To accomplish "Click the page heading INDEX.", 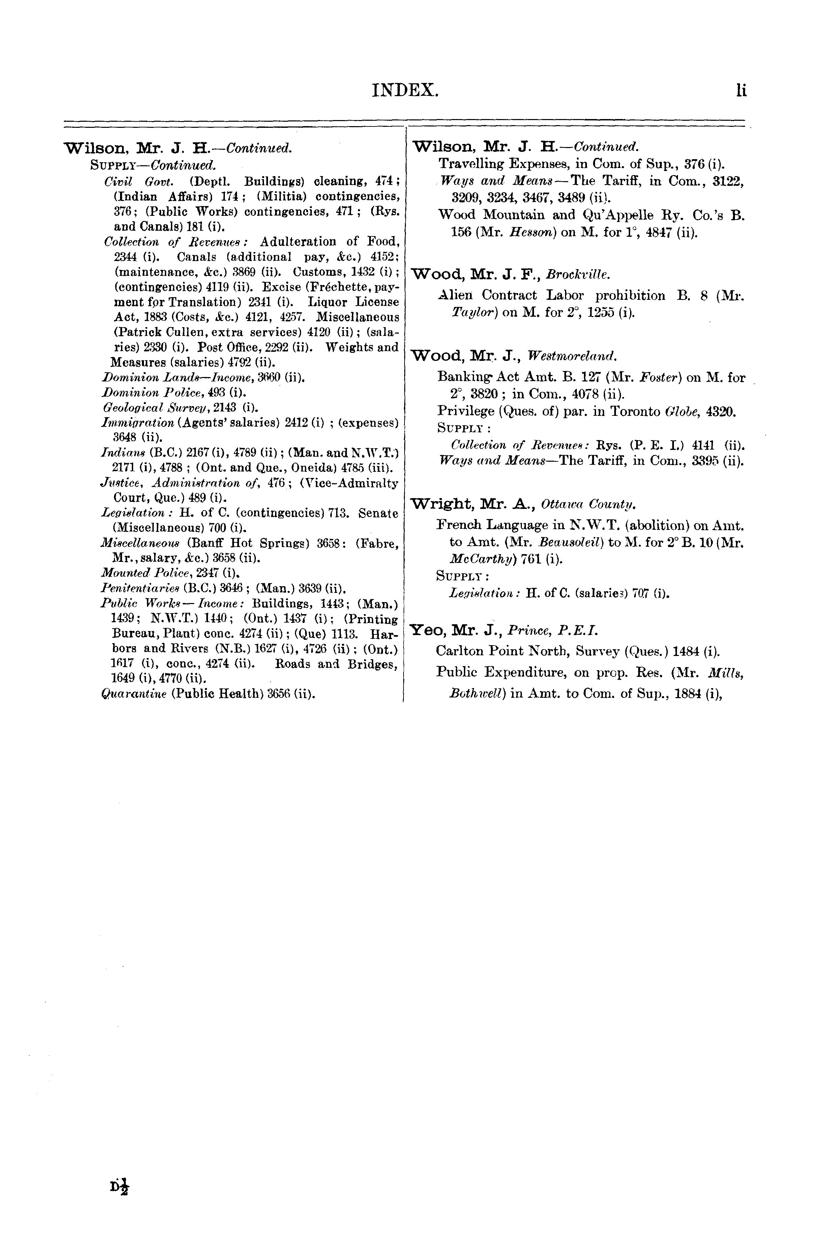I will pos(405,90).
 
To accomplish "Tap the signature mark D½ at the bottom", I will pos(120,1186).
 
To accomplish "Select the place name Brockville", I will pos(578,275).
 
